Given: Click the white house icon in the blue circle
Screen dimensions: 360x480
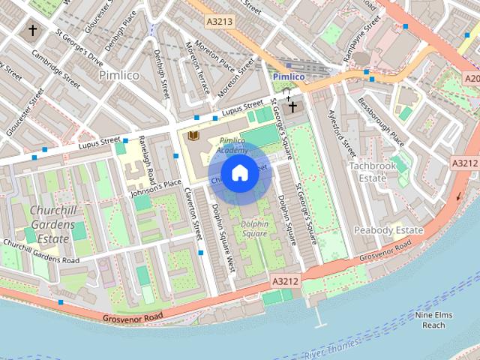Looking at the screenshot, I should click(239, 173).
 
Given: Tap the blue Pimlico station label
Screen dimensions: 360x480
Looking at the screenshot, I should click(288, 76).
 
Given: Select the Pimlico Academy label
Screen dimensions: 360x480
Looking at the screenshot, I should click(232, 145).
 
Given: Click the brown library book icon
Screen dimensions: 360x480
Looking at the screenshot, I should click(193, 135).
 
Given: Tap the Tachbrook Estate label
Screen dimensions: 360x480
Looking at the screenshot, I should click(368, 171).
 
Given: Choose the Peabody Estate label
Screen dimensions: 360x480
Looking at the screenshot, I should click(388, 229).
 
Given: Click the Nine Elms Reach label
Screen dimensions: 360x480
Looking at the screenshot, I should click(433, 320).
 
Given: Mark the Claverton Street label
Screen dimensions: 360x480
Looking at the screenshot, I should click(193, 213).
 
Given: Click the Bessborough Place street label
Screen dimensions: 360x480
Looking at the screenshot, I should click(380, 121).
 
